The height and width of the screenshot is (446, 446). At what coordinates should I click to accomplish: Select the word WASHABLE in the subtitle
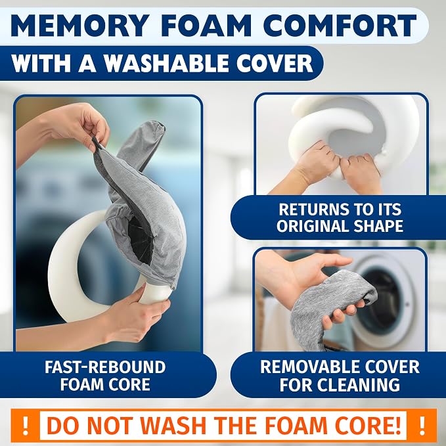[x=166, y=63]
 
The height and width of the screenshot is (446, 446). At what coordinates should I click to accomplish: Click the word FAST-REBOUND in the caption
[x=105, y=367]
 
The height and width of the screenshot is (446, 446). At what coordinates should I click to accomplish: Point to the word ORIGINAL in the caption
[x=312, y=226]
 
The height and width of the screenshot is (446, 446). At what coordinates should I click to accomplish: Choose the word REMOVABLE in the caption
[x=307, y=367]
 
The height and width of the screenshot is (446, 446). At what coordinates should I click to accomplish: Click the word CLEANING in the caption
[x=358, y=384]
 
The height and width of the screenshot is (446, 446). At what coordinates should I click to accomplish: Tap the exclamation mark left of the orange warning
[x=26, y=426]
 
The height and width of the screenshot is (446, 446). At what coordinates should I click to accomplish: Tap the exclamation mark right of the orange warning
[x=422, y=426]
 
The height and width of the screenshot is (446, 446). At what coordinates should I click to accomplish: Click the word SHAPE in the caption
[x=378, y=226]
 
